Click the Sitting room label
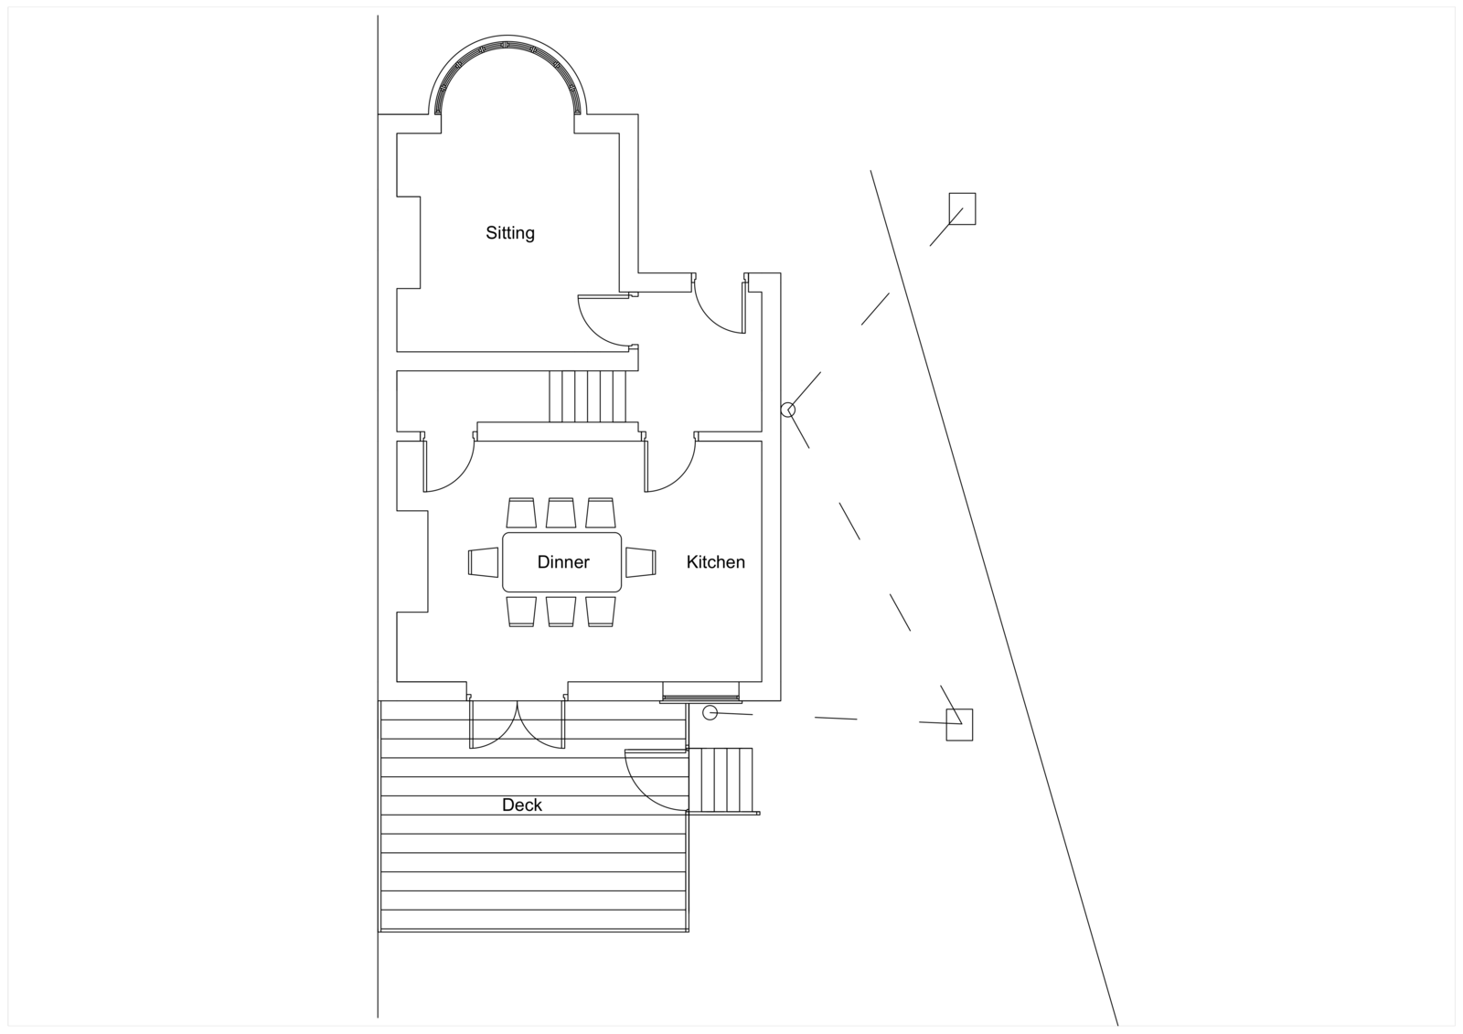point(509,233)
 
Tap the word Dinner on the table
point(563,562)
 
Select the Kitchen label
point(715,562)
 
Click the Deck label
point(521,805)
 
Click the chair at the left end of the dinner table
point(484,562)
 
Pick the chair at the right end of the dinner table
point(641,562)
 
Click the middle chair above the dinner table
point(561,513)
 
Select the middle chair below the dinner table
point(561,612)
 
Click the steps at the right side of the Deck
point(720,780)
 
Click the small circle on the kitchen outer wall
point(787,410)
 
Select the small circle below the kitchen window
point(709,713)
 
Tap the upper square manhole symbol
point(962,208)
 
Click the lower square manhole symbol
point(959,724)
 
